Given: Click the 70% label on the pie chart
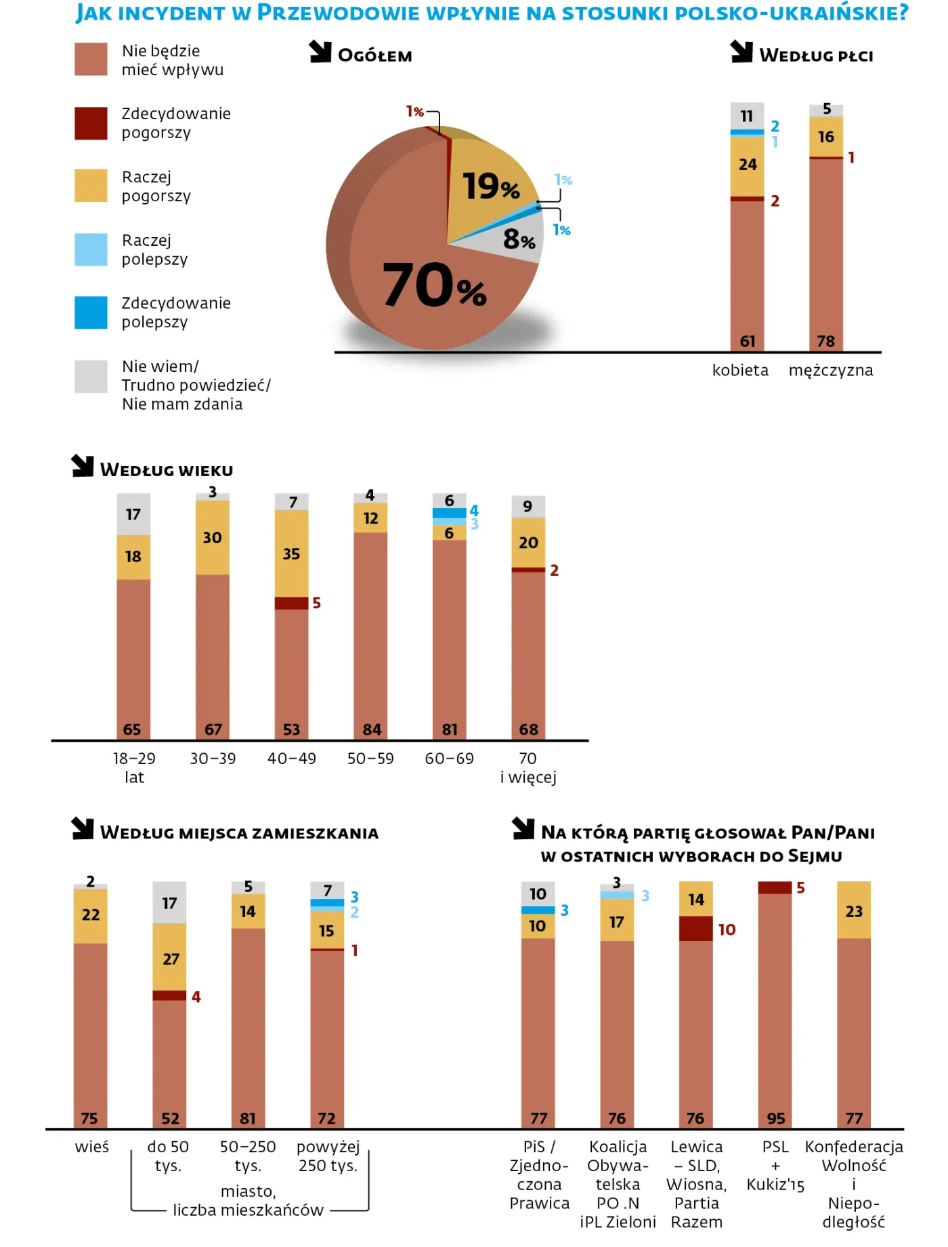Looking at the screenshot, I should pos(433,285).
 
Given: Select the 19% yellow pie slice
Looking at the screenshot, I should pos(489,184).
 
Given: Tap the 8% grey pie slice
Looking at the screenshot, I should pos(519,239).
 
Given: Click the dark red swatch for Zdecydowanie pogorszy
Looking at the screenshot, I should pos(91,123).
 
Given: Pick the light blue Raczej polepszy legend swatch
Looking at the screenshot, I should pos(91,249).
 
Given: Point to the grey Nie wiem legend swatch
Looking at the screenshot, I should pos(91,377).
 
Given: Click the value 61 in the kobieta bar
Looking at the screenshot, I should pos(747,341).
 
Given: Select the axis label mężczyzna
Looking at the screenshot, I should pos(830,371).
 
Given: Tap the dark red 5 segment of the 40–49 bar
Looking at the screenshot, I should pos(291,603).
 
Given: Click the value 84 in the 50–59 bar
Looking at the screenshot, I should pos(371,730).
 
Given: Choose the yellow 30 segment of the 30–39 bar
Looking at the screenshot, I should pos(212,538).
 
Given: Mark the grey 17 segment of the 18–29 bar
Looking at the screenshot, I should pos(133,514).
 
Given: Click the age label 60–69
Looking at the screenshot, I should pos(449,759).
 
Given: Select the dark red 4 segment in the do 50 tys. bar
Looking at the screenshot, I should pos(169,996).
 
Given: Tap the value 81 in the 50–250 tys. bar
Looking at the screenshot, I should pos(248,1118).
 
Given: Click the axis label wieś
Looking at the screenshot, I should pos(91,1147).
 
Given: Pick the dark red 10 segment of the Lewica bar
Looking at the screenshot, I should pos(695,929).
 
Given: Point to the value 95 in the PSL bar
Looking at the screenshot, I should pos(775,1118).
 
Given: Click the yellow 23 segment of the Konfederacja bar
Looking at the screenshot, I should pos(853,911).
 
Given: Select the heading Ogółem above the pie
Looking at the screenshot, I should pos(374,56).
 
